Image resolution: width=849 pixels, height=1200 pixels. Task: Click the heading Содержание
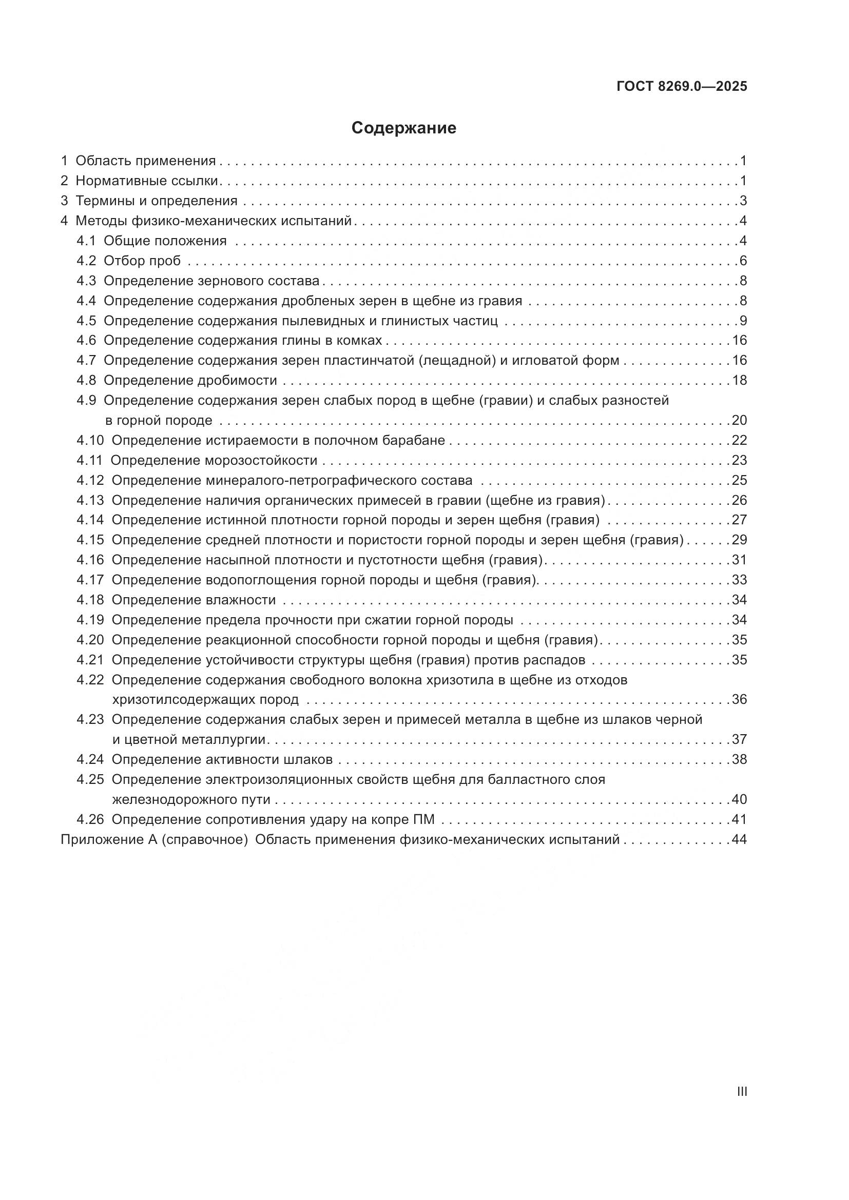coord(403,128)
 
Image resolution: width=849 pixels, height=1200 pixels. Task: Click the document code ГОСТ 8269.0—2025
coord(682,87)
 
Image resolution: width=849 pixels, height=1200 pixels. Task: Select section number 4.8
coord(86,381)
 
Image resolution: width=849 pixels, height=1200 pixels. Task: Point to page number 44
coord(739,840)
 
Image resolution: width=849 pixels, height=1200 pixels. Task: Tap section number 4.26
coord(90,819)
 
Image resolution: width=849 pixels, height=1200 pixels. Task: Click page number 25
coord(739,480)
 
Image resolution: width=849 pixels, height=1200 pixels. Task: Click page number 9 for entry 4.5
coord(743,321)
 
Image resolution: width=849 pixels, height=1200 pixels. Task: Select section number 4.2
coord(86,261)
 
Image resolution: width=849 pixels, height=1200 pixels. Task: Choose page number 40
coord(739,800)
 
